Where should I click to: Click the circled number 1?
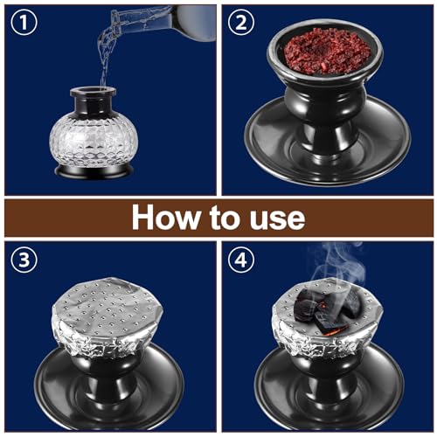click(24, 24)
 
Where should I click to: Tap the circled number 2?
click(239, 24)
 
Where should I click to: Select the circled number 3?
click(24, 260)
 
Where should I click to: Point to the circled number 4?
click(239, 260)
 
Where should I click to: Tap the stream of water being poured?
click(110, 52)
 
